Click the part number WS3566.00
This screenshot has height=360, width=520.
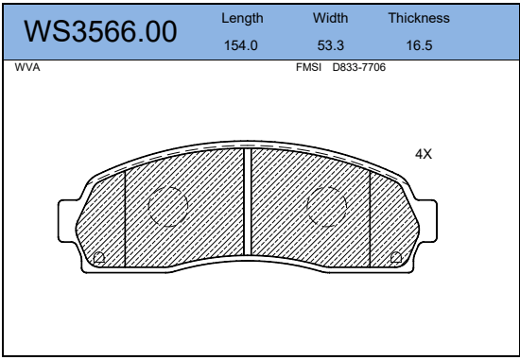point(100,31)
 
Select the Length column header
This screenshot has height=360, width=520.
point(242,18)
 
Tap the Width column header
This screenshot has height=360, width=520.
point(330,18)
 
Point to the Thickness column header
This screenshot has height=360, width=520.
point(419,18)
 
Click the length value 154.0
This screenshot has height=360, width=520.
point(241,45)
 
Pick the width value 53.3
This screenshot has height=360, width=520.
point(330,45)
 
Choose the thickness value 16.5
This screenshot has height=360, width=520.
point(419,45)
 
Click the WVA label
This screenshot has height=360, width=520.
point(27,67)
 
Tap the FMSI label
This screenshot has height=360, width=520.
point(308,67)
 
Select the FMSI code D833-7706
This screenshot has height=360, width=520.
point(359,67)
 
